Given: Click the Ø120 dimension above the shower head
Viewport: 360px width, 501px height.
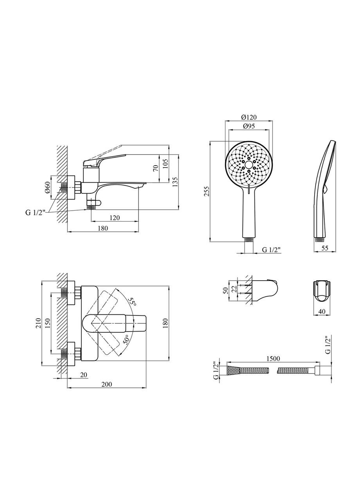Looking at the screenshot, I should coord(249,117).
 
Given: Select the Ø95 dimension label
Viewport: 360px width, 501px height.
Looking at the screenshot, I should coord(249,126).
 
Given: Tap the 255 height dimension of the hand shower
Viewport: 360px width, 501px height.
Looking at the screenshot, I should coord(207,191).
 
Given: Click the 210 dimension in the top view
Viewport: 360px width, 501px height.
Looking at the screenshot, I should coord(38,323).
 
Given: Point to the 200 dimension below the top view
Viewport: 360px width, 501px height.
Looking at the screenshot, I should coord(106,384).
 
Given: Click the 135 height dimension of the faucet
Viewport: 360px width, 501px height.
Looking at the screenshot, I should coord(175,182).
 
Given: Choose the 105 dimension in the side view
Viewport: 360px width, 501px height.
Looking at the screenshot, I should coord(166,163).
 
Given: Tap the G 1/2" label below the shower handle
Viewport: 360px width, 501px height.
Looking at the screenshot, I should coord(271,249).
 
